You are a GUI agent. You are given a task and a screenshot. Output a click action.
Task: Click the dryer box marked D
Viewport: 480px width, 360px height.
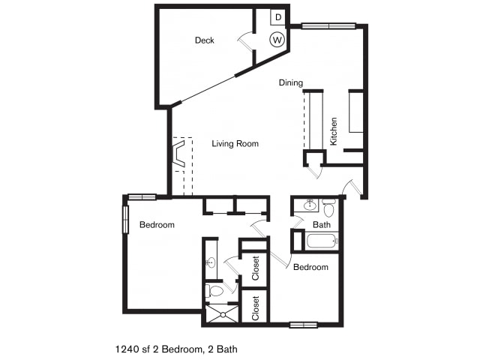pyautogui.click(x=278, y=17)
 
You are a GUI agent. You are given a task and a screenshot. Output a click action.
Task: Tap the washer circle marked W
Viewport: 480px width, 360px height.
pyautogui.click(x=277, y=40)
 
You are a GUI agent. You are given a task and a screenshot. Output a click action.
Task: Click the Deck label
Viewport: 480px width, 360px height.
pyautogui.click(x=205, y=40)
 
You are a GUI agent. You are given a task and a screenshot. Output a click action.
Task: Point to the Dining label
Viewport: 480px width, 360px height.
pyautogui.click(x=291, y=82)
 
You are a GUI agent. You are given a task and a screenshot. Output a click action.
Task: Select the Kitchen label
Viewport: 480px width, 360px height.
pyautogui.click(x=333, y=131)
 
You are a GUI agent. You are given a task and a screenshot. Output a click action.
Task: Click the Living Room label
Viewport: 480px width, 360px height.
pyautogui.click(x=235, y=143)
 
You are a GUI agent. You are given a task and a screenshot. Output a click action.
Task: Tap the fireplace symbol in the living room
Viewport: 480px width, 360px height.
pyautogui.click(x=178, y=153)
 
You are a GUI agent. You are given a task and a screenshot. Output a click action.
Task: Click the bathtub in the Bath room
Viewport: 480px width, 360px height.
pyautogui.click(x=322, y=241)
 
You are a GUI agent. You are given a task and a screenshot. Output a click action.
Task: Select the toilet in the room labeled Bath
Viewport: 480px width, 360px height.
pyautogui.click(x=328, y=208)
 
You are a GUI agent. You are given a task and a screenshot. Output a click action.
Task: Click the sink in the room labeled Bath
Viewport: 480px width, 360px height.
pyautogui.click(x=310, y=205)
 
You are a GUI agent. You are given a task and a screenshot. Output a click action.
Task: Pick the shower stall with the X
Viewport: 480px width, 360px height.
pyautogui.click(x=223, y=313)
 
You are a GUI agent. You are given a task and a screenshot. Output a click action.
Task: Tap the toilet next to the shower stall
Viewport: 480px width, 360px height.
pyautogui.click(x=214, y=290)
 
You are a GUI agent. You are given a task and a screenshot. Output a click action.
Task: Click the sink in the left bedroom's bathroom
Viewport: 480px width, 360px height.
pyautogui.click(x=211, y=262)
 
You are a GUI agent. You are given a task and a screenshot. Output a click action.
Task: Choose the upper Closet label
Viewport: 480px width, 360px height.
pyautogui.click(x=255, y=268)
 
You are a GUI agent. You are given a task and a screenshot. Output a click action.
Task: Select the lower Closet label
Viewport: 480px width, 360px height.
pyautogui.click(x=255, y=308)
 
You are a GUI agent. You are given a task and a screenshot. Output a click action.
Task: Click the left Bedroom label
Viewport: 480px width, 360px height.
pyautogui.click(x=157, y=225)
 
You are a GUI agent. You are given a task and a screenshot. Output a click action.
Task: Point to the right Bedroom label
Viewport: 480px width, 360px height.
pyautogui.click(x=310, y=267)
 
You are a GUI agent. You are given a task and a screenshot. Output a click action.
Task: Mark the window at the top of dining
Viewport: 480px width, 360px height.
pyautogui.click(x=328, y=26)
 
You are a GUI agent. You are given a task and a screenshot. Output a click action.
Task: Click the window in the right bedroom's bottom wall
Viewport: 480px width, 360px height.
pyautogui.click(x=303, y=325)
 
